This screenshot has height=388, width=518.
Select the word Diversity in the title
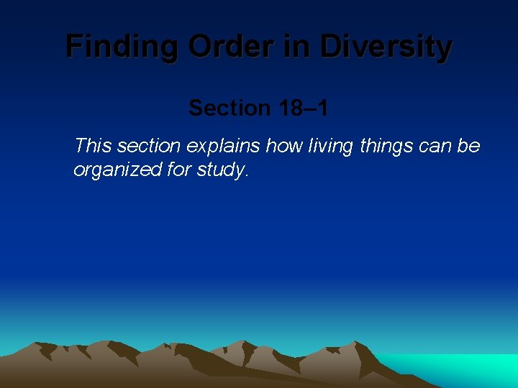coord(386,47)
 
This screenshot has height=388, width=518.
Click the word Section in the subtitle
coord(228,108)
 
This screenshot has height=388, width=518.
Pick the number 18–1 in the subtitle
coord(302,108)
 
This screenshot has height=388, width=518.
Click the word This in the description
coord(93,147)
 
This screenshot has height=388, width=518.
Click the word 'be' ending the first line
coord(470,147)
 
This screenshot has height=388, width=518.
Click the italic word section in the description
coord(149,147)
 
